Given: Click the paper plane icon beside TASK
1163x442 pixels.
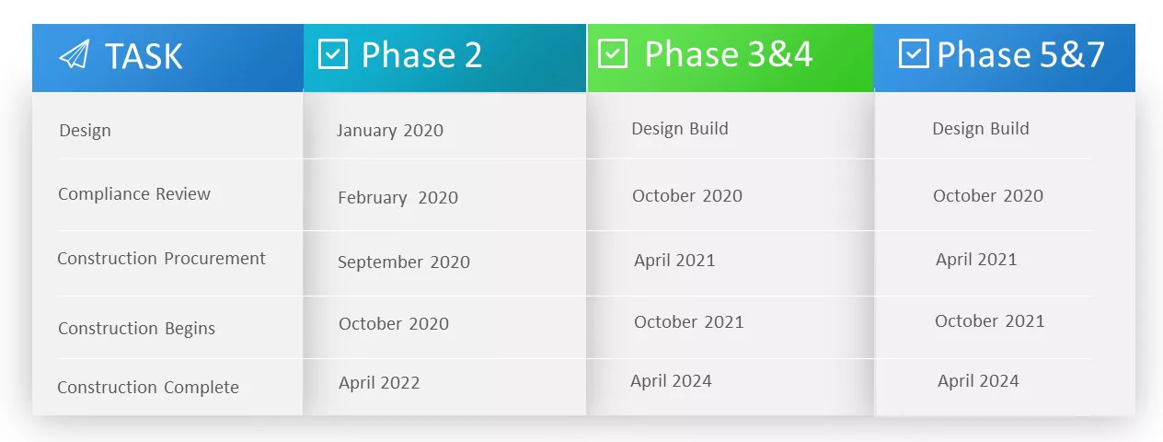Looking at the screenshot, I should click(74, 55).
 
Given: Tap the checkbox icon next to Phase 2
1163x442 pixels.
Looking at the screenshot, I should click(332, 54).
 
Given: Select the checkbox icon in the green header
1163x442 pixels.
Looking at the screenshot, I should click(613, 53).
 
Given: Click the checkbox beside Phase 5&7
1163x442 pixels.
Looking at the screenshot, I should click(913, 53).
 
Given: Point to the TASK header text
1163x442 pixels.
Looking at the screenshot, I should click(144, 56).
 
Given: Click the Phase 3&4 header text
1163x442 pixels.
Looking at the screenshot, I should click(728, 54).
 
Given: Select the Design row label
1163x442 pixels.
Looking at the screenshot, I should click(85, 131).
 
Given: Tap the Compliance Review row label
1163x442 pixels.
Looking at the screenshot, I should click(134, 194).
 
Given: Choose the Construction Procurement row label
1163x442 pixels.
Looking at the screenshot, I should click(161, 259).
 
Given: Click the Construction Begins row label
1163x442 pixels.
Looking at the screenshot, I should click(136, 329).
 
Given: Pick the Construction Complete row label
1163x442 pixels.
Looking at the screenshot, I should click(148, 388).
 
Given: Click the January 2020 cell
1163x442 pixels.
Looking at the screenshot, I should click(390, 131).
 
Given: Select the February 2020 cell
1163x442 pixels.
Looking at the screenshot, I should click(397, 198).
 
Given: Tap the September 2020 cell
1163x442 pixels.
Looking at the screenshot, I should click(404, 262).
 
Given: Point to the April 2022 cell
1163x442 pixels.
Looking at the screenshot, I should click(379, 383).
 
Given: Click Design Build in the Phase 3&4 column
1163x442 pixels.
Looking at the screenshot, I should click(680, 129).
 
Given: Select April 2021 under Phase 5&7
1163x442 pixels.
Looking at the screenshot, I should click(976, 260).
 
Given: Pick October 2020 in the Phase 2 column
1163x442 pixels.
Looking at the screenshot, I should click(394, 324).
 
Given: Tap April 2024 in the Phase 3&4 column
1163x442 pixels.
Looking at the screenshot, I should click(671, 381).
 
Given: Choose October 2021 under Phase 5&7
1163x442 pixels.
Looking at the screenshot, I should click(990, 321).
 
